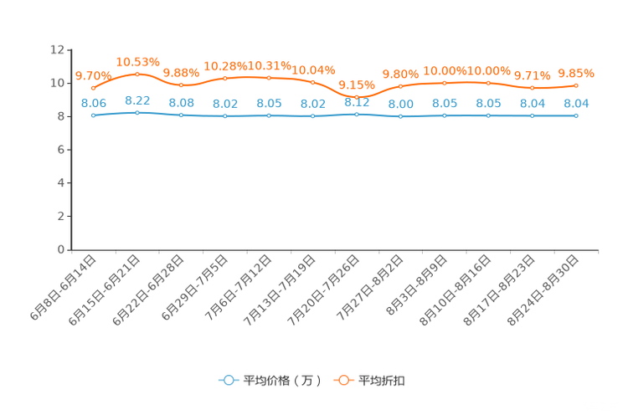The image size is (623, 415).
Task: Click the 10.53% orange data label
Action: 138,62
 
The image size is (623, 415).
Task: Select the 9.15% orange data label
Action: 357,85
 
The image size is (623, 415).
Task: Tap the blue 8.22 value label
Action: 137,101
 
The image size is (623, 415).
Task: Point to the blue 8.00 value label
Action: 401,104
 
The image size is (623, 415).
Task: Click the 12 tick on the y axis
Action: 57,49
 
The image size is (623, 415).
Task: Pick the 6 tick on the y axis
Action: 61,150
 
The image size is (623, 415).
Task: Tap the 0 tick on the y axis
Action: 61,249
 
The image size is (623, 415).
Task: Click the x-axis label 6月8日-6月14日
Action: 63,288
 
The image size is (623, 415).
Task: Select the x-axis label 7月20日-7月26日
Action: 323,290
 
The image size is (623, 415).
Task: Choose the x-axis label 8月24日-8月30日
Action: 543,290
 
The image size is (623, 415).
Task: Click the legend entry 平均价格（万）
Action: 270,381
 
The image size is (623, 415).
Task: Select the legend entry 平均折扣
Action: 369,381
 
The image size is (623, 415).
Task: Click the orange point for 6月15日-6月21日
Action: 137,74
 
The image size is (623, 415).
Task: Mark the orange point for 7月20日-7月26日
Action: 357,97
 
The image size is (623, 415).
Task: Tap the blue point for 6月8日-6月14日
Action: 94,115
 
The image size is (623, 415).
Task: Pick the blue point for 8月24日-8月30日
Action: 576,116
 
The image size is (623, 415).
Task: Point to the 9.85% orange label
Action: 576,73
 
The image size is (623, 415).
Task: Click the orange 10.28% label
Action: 225,66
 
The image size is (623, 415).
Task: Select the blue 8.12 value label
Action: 357,102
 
